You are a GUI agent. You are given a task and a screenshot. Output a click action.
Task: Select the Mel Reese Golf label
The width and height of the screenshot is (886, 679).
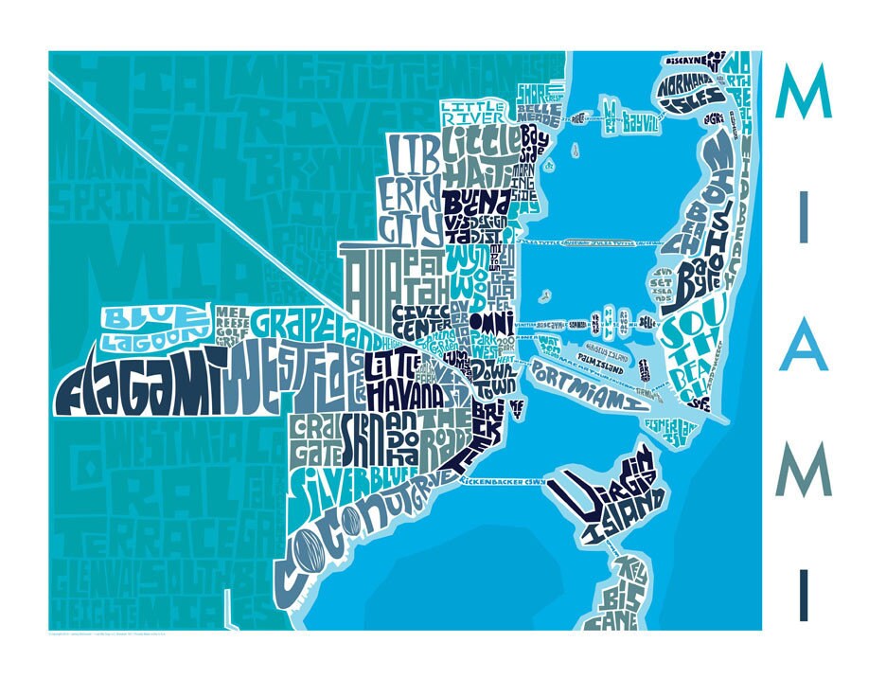(x=233, y=320)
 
